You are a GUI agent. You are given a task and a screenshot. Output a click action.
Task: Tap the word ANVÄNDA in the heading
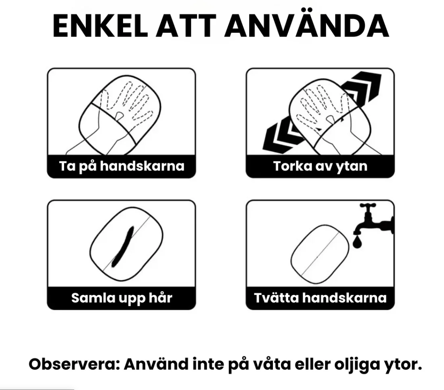tap(306, 26)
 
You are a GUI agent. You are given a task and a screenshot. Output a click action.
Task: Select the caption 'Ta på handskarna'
tap(121, 166)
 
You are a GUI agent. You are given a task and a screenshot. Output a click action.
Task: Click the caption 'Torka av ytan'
tap(320, 166)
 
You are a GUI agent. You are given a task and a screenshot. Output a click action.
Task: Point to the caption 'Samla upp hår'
tap(121, 297)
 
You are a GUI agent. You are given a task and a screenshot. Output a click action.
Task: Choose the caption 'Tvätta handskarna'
tap(320, 297)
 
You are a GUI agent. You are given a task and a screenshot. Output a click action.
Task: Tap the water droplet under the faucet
tap(356, 242)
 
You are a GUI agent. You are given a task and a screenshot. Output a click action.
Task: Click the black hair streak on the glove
tap(122, 246)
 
